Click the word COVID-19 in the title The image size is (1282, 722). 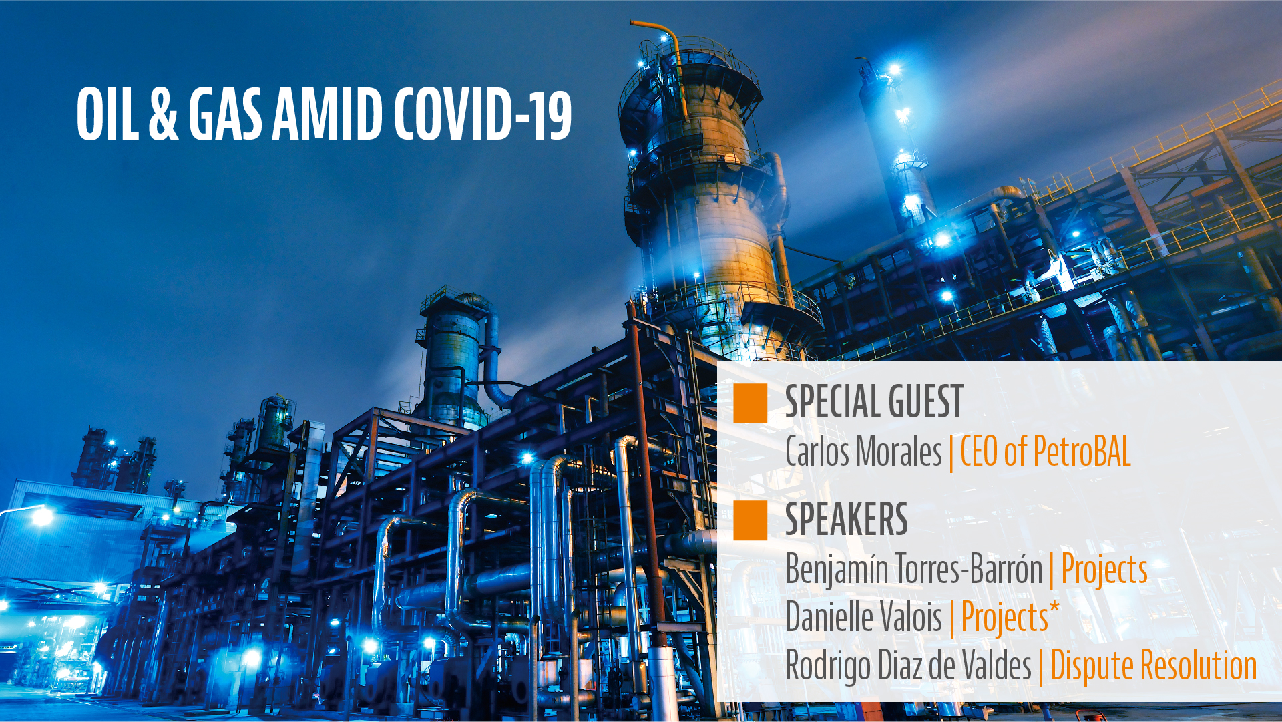point(482,114)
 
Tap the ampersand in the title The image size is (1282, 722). point(164,114)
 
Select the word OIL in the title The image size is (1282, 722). point(108,114)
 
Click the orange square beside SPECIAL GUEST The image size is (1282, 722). point(750,403)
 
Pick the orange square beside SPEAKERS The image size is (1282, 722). point(750,520)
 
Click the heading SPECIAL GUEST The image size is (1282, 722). point(874,402)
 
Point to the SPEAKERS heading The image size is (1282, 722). point(847,519)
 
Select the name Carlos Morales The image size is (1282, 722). point(863,452)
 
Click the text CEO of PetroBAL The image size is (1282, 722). point(1046,452)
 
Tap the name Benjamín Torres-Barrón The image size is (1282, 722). point(914,569)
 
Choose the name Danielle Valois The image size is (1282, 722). point(864,617)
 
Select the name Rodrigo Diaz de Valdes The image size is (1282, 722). point(909,666)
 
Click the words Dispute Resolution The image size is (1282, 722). point(1154,666)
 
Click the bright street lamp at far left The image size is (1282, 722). point(41,516)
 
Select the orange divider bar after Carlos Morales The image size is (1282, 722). point(951,453)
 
